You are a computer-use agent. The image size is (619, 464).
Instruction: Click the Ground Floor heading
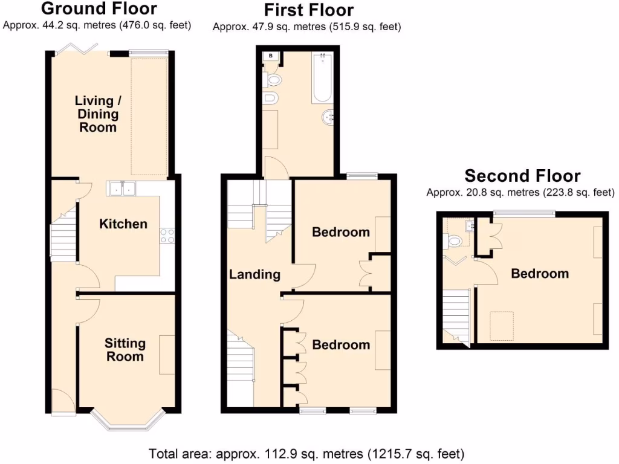[x=100, y=9]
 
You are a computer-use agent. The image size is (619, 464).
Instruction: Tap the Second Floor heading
[x=522, y=176]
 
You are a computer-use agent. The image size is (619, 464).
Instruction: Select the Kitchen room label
[x=123, y=224]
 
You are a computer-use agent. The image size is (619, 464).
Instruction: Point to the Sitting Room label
[x=125, y=350]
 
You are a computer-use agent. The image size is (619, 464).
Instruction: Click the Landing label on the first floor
[x=254, y=274]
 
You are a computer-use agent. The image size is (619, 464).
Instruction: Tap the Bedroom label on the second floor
[x=540, y=274]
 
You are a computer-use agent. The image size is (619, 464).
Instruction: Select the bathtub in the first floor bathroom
[x=322, y=77]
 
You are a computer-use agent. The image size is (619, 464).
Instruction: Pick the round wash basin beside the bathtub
[x=328, y=117]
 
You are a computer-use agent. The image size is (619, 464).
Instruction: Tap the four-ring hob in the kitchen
[x=167, y=236]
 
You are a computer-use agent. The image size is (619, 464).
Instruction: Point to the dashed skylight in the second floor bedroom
[x=501, y=321]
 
